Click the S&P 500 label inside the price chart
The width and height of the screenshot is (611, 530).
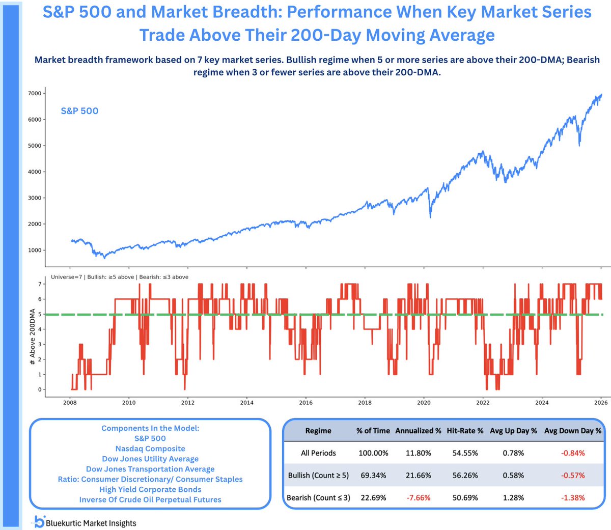[79, 111]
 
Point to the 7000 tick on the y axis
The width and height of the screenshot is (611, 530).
[35, 94]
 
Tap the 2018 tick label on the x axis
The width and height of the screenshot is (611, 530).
[365, 402]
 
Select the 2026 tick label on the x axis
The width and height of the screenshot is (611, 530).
[601, 402]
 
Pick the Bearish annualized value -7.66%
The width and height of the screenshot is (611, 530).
[418, 497]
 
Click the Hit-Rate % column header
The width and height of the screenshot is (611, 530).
[465, 431]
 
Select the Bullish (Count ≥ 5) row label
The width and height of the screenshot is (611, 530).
[318, 475]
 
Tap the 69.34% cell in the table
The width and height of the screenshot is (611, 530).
[373, 475]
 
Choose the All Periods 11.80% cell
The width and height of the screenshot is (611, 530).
[418, 453]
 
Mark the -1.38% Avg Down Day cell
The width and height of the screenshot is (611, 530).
[573, 497]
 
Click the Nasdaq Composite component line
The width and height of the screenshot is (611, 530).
[150, 449]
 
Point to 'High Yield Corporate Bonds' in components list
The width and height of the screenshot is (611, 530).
[150, 489]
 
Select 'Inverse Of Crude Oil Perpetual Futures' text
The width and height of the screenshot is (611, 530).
[150, 499]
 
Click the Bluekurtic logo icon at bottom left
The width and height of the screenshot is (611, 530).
[39, 521]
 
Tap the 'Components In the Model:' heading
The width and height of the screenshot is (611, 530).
[150, 428]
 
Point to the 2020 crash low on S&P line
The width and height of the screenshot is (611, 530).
[431, 216]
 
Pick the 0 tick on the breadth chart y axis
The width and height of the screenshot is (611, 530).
[40, 389]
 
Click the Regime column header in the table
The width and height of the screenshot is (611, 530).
[318, 431]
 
